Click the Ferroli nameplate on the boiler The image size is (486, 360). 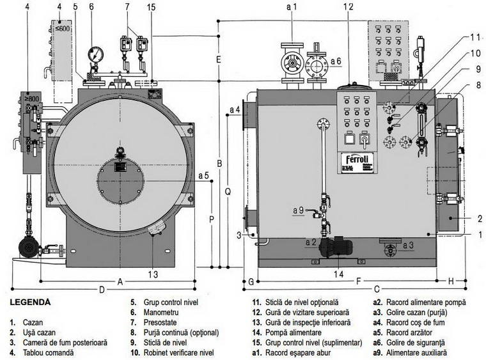(357, 162)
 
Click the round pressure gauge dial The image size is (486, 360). (95, 54)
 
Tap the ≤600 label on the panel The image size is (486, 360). (62, 29)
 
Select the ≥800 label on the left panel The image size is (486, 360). (32, 99)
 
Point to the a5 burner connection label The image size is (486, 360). (203, 176)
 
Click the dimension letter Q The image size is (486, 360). (228, 192)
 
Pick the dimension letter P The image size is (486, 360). (212, 220)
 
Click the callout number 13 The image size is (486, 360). (153, 274)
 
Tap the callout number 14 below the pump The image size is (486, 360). (338, 274)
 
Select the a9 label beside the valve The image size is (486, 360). (299, 210)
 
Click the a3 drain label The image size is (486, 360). (408, 246)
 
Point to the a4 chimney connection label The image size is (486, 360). (235, 109)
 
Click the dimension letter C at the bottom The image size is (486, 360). (377, 290)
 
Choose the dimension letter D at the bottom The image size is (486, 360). (102, 290)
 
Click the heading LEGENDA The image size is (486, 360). (30, 302)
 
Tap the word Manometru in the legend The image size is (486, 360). (161, 312)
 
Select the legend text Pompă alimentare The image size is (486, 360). (294, 333)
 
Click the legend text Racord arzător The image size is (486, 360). (409, 333)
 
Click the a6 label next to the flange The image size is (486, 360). (336, 61)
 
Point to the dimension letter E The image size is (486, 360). (219, 59)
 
